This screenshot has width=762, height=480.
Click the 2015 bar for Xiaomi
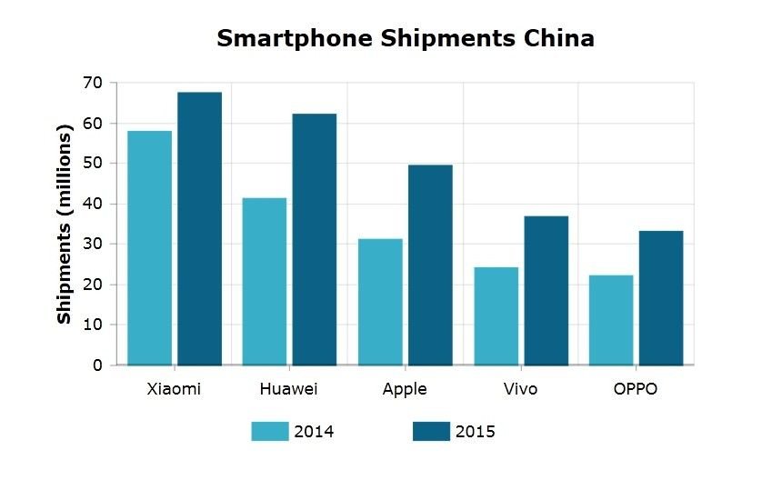point(200,228)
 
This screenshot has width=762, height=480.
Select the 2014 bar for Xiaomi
point(150,248)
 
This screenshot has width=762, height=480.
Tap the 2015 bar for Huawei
point(315,239)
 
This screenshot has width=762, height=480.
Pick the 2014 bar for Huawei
point(265,281)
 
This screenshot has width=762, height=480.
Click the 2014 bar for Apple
point(380,302)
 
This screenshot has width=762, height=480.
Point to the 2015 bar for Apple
point(431,265)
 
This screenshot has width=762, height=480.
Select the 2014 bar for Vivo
point(496,315)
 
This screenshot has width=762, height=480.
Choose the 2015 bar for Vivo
point(546,291)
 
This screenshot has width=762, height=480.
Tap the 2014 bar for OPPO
point(611,320)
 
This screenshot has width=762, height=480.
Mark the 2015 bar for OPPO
point(661,298)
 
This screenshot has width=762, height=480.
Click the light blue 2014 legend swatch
point(270,432)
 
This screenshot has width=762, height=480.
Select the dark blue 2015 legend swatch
point(432,432)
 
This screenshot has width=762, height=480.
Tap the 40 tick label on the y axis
point(93,204)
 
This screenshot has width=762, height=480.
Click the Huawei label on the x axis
point(288,389)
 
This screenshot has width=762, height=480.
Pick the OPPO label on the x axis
point(636,389)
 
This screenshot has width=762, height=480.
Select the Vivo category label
point(520,389)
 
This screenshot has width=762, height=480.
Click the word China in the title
point(559,38)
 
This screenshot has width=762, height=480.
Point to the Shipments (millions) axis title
point(65,224)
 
